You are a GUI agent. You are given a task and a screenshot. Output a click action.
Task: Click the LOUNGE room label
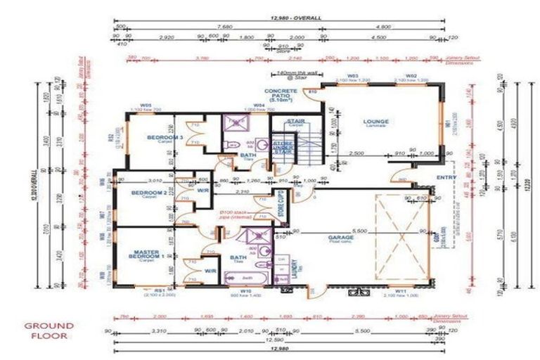coord(376,122)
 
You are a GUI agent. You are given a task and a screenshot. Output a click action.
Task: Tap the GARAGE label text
coord(341,238)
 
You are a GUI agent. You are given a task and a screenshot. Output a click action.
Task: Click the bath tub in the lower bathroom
coord(245,279)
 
